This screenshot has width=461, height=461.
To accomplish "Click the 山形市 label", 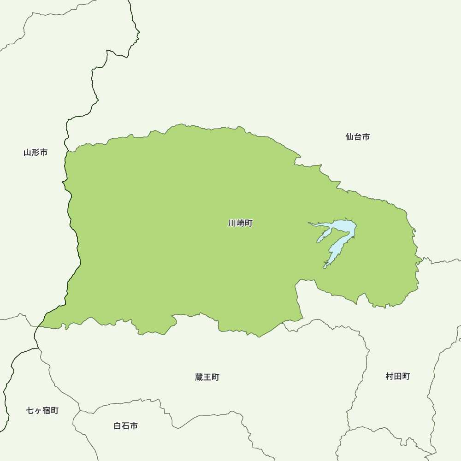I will [35, 152].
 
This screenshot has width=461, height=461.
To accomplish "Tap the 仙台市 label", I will [357, 136].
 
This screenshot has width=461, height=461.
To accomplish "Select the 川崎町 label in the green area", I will [240, 223].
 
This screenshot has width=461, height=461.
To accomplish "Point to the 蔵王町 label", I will [207, 377].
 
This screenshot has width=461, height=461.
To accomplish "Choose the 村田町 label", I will [397, 376].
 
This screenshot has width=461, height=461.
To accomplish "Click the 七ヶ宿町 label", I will [42, 410].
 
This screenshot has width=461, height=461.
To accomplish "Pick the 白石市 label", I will [125, 426].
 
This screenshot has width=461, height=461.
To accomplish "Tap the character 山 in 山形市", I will [28, 152].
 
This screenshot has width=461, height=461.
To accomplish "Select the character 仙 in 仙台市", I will [349, 136].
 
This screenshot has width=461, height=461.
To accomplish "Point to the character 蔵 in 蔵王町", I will [199, 377].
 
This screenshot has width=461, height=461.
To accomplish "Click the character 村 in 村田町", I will [390, 376].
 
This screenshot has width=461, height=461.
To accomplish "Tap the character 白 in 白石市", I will [118, 426].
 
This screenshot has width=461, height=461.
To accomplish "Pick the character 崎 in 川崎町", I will [240, 223].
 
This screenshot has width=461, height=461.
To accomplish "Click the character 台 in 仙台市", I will [357, 136].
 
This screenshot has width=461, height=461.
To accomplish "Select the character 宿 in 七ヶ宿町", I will [47, 410].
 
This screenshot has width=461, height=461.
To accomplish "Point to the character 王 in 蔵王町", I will [207, 377].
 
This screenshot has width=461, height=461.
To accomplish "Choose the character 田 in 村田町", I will [397, 376].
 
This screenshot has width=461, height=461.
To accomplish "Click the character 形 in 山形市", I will [35, 152].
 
